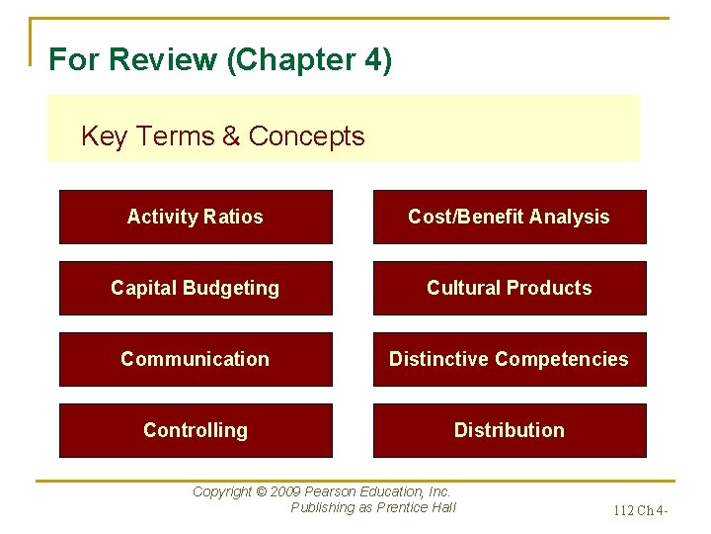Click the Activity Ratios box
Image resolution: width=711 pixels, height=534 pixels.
196,217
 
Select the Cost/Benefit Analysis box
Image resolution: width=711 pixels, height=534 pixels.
509,217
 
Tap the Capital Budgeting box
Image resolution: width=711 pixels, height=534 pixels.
196,288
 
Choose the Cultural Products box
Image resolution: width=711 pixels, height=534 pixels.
509,288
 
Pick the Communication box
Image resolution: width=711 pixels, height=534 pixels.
196,359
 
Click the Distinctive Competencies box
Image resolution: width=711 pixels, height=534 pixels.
509,359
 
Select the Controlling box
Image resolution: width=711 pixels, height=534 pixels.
196,430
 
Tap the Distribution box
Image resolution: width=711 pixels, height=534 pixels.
509,430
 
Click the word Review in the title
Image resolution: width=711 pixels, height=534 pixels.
163,60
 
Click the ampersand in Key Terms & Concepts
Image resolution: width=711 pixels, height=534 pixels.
231,136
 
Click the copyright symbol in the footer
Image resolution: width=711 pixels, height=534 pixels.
261,491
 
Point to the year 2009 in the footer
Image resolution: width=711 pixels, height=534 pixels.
287,491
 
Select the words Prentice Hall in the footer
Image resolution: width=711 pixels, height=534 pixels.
417,508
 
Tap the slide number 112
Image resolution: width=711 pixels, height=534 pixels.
624,511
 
